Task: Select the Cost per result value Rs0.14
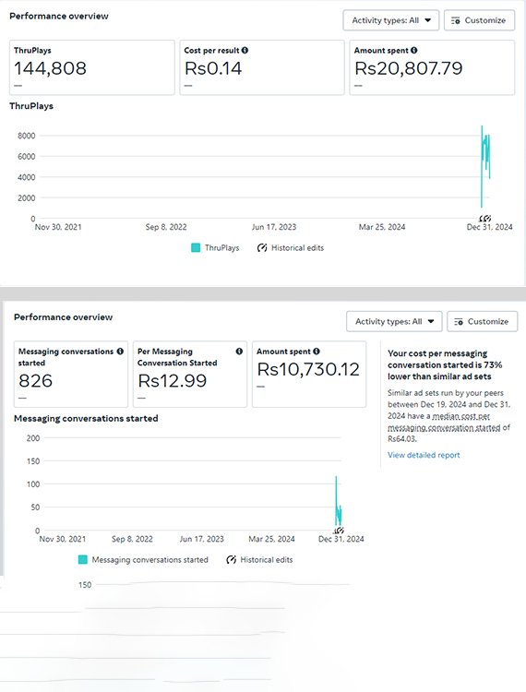(213, 67)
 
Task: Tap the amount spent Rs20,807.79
(409, 67)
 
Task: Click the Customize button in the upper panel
(478, 20)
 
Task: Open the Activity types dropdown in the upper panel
(391, 20)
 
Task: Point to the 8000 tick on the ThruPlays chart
(26, 136)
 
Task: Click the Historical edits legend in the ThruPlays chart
(290, 247)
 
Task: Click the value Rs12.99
(172, 381)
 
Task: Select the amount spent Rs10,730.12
(308, 370)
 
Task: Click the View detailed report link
(424, 455)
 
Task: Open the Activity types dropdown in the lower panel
(394, 321)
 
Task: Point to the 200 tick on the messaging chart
(33, 437)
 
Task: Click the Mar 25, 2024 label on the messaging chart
(273, 539)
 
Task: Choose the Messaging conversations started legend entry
(143, 559)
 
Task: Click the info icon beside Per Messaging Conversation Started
(239, 352)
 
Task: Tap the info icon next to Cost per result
(245, 50)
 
